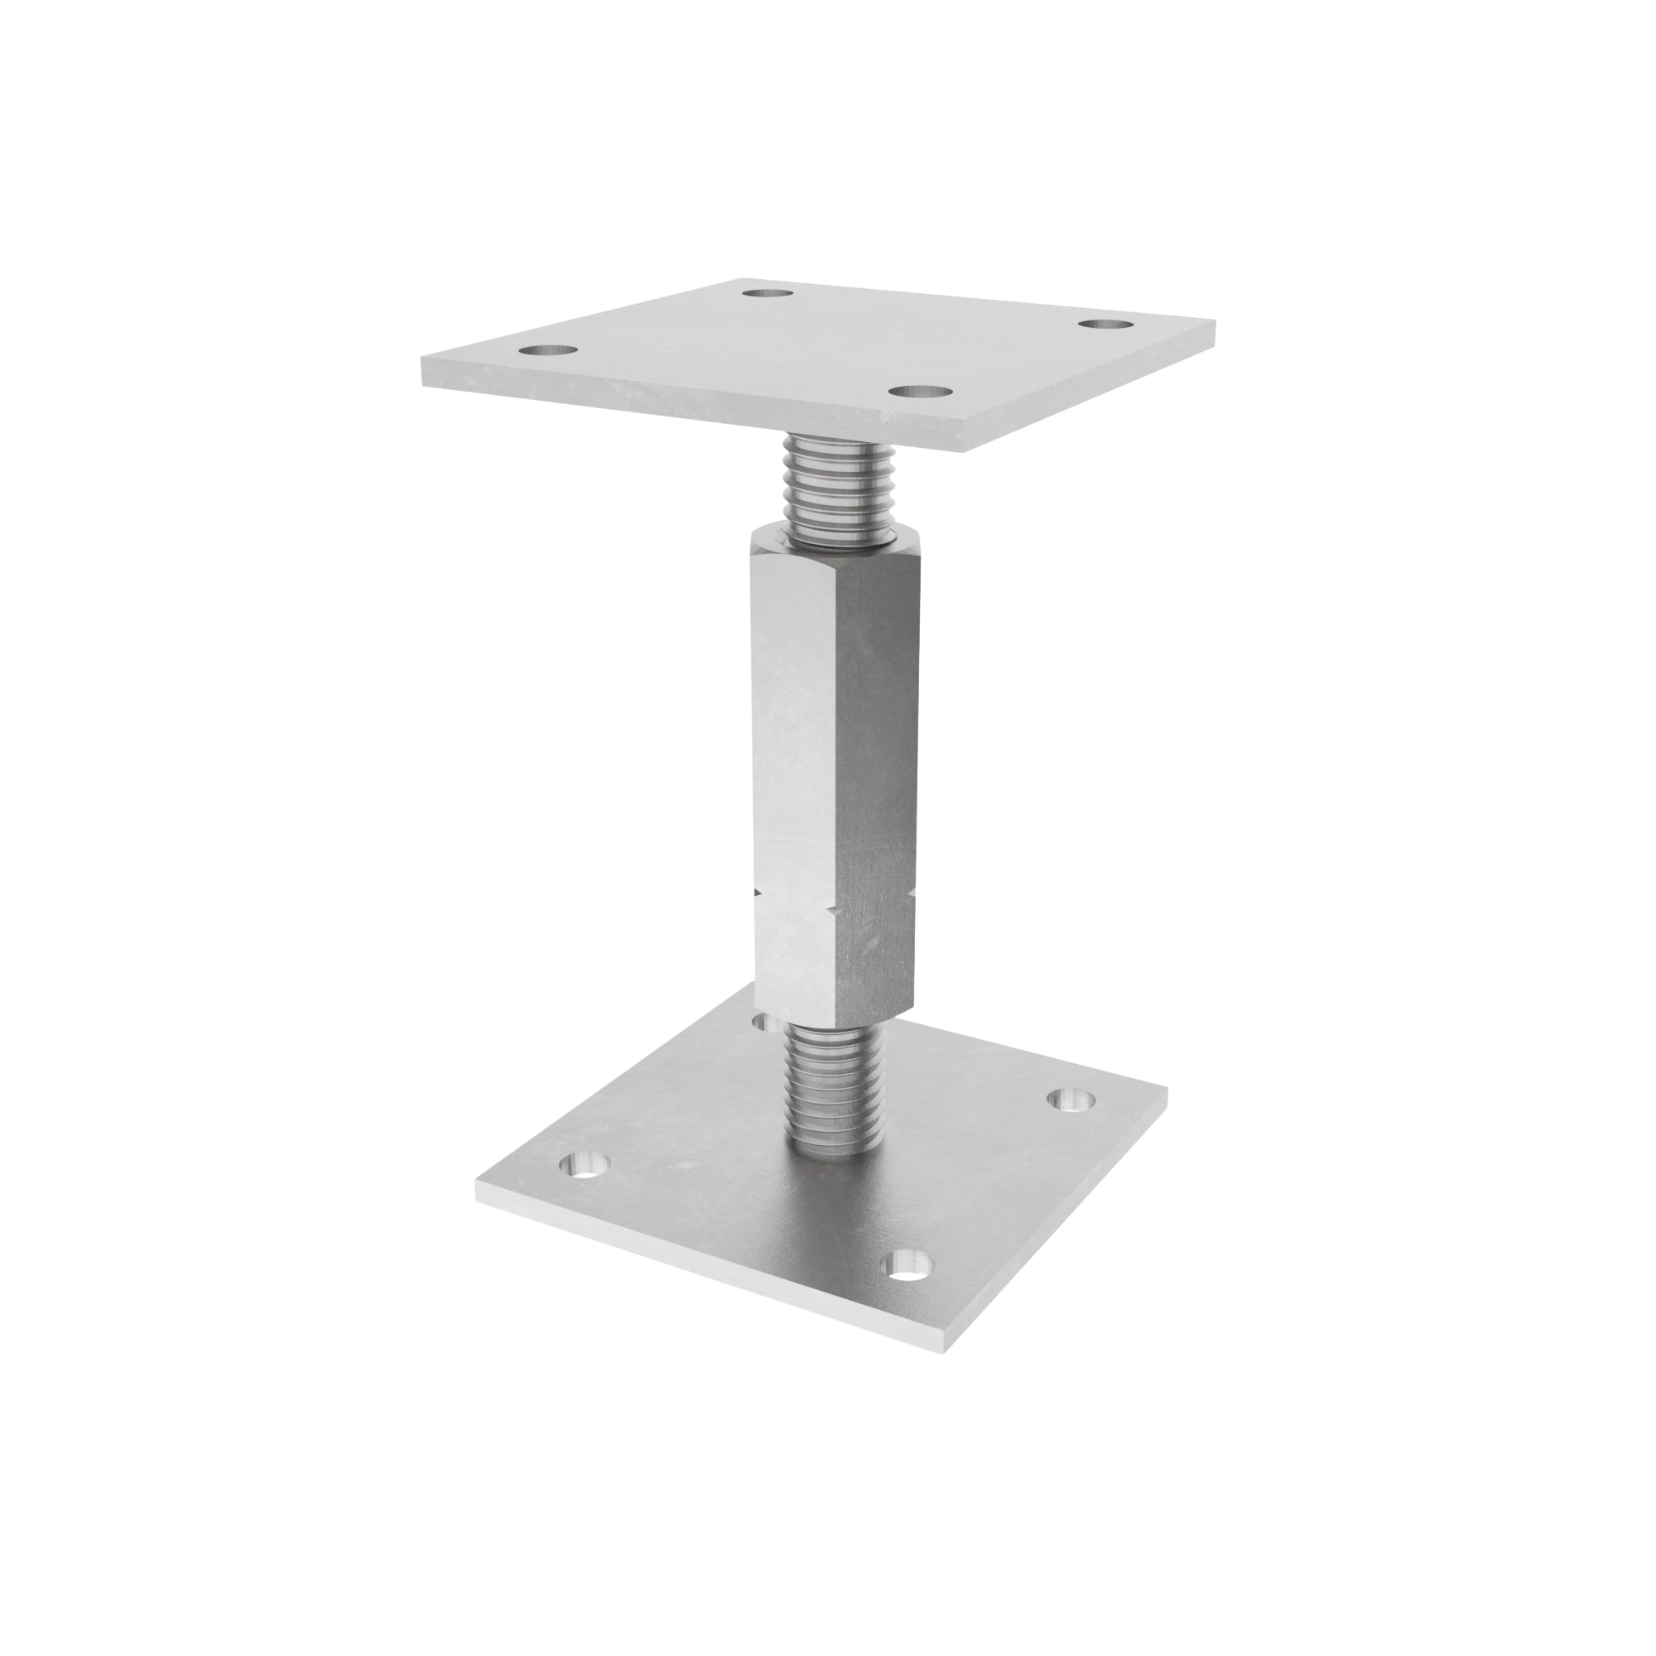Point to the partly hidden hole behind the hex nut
coord(764,1023)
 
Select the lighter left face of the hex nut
coord(793,772)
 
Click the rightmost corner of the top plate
coord(1215,322)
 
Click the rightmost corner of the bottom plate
coord(1166,1092)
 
